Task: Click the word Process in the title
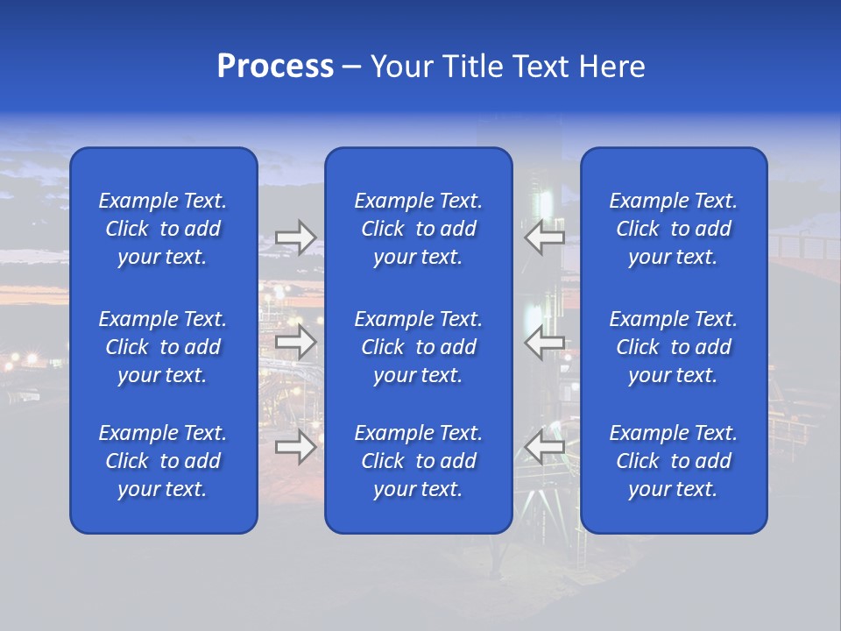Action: [x=275, y=67]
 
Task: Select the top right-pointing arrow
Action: [x=295, y=238]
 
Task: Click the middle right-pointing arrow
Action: [x=295, y=342]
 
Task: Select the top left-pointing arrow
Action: [x=544, y=238]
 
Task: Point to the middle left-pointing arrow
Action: [x=544, y=342]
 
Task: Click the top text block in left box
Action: [x=163, y=229]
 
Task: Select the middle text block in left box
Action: [x=163, y=347]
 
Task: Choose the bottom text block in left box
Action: [x=163, y=461]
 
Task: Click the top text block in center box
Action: [x=418, y=229]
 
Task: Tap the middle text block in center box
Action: [x=418, y=347]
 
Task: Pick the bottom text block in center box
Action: [x=418, y=461]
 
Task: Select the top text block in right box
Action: [x=673, y=229]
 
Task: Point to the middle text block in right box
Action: [x=673, y=347]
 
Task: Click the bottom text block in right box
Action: [x=673, y=461]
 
